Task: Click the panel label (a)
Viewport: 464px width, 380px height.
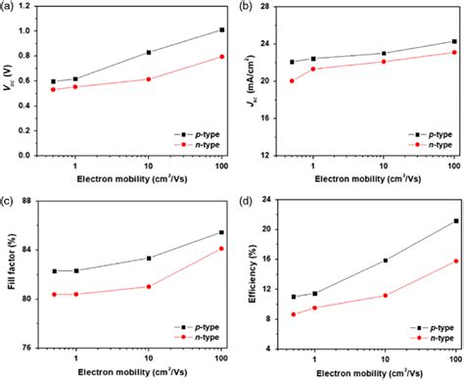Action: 8,7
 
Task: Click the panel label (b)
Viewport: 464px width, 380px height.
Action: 244,7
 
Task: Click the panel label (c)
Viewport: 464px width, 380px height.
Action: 8,199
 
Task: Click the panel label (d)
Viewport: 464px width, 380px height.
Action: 244,199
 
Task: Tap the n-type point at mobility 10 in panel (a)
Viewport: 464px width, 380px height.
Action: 148,79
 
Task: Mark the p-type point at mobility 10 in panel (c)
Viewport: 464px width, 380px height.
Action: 148,259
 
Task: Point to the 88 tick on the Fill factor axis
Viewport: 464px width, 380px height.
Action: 34,202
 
